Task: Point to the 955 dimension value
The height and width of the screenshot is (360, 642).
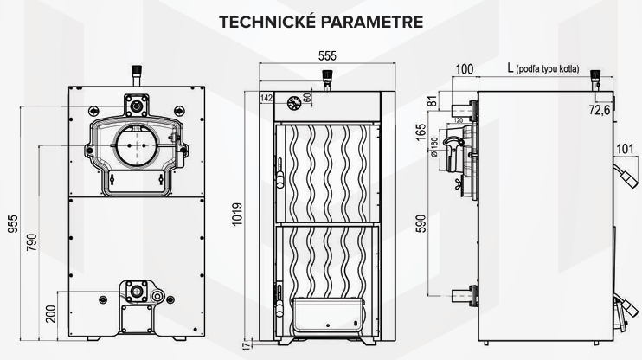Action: (11, 222)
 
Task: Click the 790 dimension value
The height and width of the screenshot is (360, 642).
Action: (31, 243)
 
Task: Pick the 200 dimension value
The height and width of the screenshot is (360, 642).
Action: (51, 312)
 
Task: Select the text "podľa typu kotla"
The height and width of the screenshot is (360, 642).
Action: (559, 69)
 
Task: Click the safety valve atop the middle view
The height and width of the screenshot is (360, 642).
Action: (325, 77)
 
